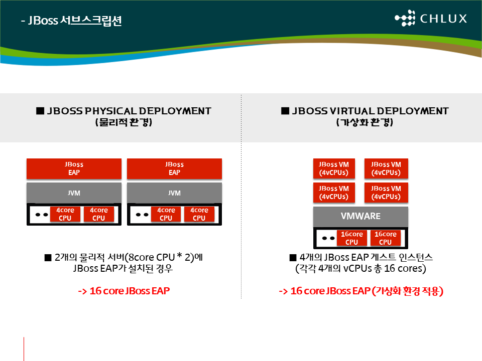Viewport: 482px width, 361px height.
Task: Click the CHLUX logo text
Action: point(443,19)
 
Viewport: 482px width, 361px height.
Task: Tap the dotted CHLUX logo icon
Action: point(405,18)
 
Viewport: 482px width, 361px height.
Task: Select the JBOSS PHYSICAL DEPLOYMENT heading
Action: point(124,111)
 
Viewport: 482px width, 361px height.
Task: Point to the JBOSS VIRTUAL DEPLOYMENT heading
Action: point(365,111)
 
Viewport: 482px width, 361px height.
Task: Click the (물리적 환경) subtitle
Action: point(124,122)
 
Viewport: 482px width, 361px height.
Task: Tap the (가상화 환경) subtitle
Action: point(365,122)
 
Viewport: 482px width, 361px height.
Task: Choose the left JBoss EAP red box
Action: point(74,168)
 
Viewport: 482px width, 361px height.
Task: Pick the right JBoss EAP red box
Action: point(174,168)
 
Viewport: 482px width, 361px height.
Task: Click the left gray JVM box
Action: point(74,193)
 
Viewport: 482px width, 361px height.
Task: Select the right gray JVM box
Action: point(174,193)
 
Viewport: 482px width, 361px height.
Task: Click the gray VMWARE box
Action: point(360,217)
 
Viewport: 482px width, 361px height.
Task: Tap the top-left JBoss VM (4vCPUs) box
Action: point(334,168)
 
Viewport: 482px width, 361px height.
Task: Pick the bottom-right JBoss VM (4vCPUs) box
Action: point(386,193)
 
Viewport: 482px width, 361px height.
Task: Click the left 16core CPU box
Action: point(351,238)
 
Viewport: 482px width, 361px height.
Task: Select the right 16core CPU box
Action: point(386,238)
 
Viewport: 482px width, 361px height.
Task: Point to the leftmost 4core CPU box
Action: point(65,214)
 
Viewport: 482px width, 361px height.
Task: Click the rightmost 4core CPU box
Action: point(199,214)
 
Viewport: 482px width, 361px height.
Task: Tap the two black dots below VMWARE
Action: point(328,238)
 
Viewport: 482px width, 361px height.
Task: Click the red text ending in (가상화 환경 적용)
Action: point(361,291)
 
